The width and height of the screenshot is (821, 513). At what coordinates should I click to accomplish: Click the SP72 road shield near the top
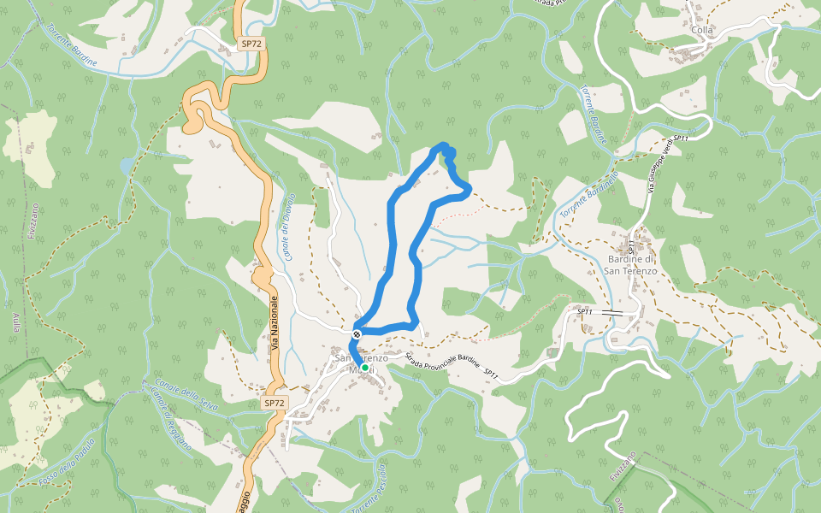click(250, 44)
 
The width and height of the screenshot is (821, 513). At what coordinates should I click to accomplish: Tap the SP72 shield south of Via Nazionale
click(274, 402)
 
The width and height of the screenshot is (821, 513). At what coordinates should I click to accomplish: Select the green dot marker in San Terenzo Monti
click(365, 368)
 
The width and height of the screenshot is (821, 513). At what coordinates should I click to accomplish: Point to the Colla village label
click(701, 30)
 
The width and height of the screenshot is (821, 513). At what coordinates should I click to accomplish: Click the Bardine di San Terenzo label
click(631, 265)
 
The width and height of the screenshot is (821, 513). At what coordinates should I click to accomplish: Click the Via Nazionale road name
click(275, 325)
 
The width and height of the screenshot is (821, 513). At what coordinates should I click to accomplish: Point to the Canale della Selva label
click(186, 394)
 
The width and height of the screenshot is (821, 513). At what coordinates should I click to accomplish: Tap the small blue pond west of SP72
click(127, 165)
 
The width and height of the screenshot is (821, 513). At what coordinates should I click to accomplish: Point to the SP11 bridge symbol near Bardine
click(612, 313)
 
